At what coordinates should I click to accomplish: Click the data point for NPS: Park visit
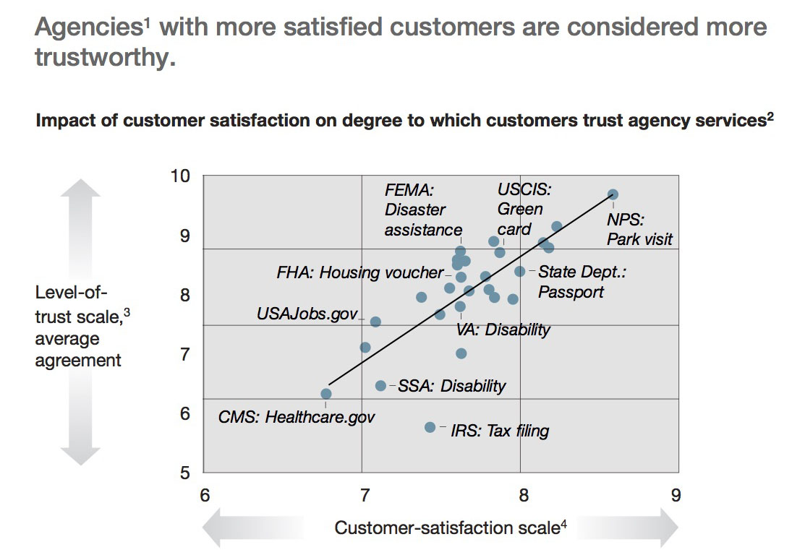click(613, 194)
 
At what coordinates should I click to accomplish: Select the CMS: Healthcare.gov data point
click(326, 394)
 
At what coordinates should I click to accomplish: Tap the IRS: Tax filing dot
click(430, 427)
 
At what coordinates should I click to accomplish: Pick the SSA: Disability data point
click(381, 386)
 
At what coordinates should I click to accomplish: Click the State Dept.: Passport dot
click(519, 272)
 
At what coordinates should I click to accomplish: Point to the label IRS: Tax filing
click(500, 431)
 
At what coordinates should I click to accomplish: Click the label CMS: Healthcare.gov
click(297, 417)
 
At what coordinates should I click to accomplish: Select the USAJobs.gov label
click(307, 314)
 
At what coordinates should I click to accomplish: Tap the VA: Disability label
click(503, 330)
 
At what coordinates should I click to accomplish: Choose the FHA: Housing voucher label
click(359, 272)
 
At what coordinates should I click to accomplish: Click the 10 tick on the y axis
click(181, 176)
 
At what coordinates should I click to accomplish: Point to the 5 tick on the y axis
click(185, 473)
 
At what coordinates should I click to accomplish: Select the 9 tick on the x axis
click(676, 495)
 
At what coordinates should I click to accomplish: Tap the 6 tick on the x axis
click(205, 495)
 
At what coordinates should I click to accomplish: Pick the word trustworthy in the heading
click(105, 57)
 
